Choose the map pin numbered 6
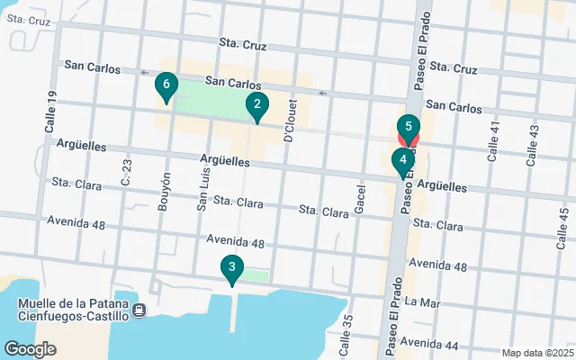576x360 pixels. tap(165, 87)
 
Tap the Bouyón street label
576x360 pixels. tap(165, 192)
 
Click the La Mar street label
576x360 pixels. tap(422, 303)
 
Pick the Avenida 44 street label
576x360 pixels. tap(431, 344)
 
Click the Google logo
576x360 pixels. tap(30, 348)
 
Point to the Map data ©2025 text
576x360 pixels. tap(537, 353)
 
